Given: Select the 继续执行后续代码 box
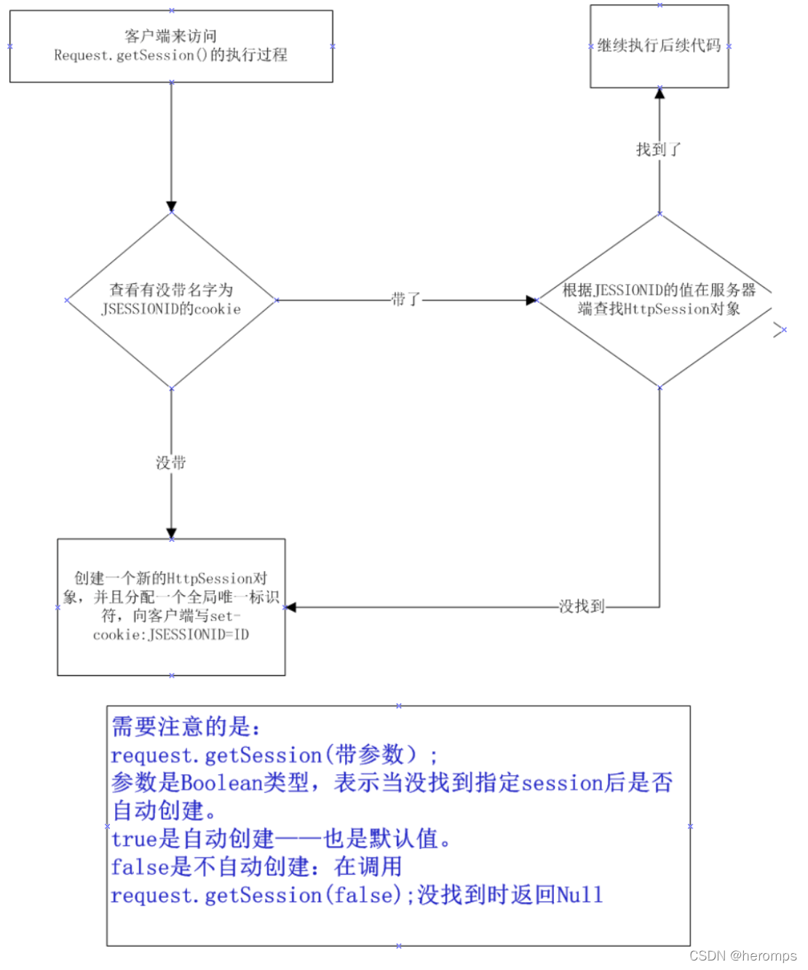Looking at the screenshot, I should [659, 46].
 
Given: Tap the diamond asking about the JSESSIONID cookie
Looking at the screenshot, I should [171, 300].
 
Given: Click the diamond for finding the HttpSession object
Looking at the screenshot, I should [659, 300].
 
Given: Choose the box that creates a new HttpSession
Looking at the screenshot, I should [171, 607].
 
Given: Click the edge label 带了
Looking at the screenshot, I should [405, 299].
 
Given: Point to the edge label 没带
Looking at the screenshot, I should [171, 462].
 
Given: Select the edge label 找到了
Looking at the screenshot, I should [659, 149].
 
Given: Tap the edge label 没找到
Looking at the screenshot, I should [582, 606].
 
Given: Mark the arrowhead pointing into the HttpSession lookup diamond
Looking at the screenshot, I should [531, 300].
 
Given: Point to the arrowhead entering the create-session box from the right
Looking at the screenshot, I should [290, 607].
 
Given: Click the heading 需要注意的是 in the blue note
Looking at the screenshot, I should [186, 726].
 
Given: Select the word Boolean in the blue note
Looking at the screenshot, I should [221, 783].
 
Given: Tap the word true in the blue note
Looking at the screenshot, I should [134, 839].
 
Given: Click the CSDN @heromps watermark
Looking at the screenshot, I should [742, 955].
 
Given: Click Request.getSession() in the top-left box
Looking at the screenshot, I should [131, 55].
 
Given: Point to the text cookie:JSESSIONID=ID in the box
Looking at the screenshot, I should [171, 635].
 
